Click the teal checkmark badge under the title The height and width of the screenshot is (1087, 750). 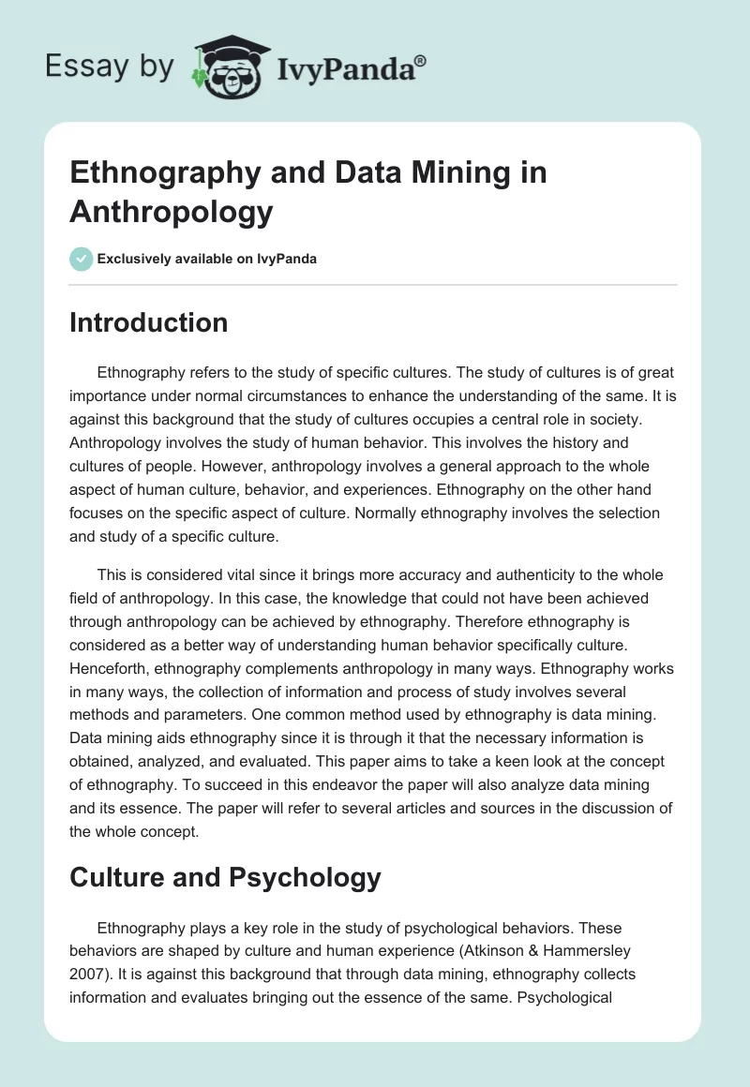[81, 259]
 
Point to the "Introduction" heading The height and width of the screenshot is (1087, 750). [148, 322]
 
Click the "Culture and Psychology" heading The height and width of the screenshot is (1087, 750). [225, 877]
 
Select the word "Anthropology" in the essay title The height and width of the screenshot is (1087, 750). [172, 212]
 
